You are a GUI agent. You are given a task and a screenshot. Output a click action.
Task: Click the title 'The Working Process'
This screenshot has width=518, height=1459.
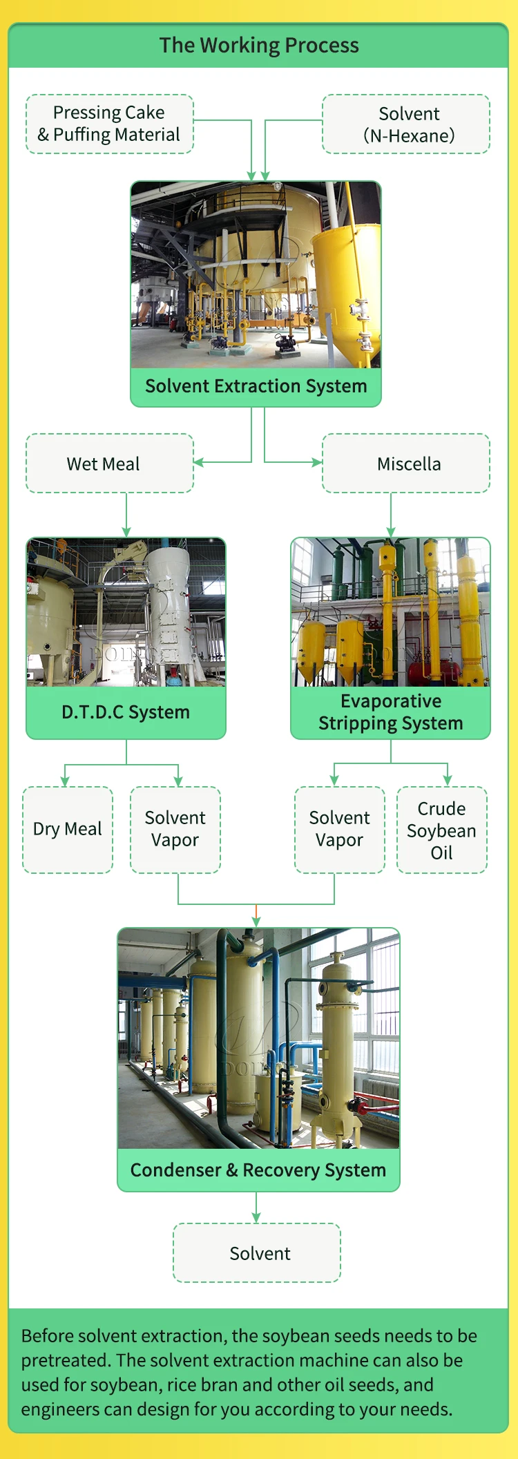259,46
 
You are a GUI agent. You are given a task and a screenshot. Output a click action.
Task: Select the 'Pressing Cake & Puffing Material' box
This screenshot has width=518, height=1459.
109,124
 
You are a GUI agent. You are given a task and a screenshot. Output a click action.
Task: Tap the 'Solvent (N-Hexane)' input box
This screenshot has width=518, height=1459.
406,124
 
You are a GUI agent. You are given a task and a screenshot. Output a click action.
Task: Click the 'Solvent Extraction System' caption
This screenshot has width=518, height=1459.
256,386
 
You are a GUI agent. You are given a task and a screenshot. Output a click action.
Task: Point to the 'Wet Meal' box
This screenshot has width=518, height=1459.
109,464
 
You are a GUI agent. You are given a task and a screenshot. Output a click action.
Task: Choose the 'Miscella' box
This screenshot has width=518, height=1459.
406,464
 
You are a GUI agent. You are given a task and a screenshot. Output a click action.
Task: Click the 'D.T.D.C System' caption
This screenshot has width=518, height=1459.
126,712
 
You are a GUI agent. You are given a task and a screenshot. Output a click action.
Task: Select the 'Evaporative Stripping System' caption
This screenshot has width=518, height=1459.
390,712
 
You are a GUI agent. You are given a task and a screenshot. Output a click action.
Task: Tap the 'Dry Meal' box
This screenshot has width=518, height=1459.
68,829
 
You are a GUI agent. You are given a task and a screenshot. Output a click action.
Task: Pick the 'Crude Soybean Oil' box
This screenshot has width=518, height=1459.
442,830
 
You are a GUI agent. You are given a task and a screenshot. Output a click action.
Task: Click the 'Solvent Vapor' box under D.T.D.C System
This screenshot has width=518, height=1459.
175,829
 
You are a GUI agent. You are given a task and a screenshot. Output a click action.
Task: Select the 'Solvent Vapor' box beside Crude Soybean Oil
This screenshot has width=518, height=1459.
340,829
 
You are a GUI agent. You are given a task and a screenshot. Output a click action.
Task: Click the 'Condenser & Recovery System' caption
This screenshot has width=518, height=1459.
258,1170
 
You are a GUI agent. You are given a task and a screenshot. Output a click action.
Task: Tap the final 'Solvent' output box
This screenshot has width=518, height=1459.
257,1253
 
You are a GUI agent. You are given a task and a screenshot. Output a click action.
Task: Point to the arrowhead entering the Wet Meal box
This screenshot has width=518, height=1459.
198,462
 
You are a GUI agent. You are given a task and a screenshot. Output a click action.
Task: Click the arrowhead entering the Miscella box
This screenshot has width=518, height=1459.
318,462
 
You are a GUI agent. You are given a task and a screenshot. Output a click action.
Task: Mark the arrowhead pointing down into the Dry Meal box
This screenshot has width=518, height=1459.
65,781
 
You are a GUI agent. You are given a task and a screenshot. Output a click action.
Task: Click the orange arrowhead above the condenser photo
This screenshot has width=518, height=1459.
256,922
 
